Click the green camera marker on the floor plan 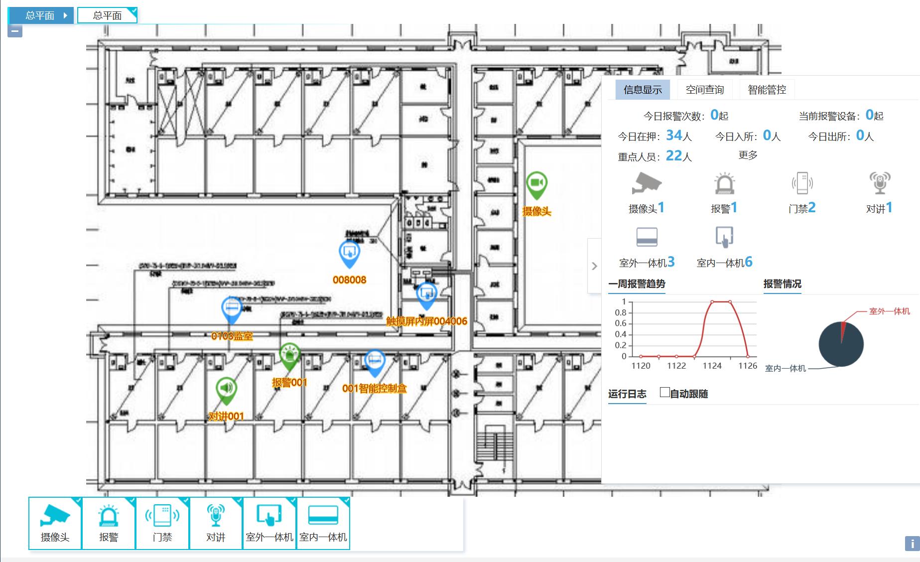point(536,183)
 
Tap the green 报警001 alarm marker point(289,355)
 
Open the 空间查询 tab point(704,90)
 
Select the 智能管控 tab point(767,90)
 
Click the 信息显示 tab point(643,90)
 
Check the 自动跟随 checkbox point(664,393)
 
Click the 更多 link point(748,155)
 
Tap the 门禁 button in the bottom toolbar point(162,523)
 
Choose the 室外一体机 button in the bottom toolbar point(269,523)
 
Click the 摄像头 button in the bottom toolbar point(55,523)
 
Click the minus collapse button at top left point(15,31)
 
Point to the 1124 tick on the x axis point(712,366)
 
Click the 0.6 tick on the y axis point(621,323)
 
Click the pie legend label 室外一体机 point(889,311)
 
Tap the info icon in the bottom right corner point(912,544)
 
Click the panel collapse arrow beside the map point(594,266)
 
